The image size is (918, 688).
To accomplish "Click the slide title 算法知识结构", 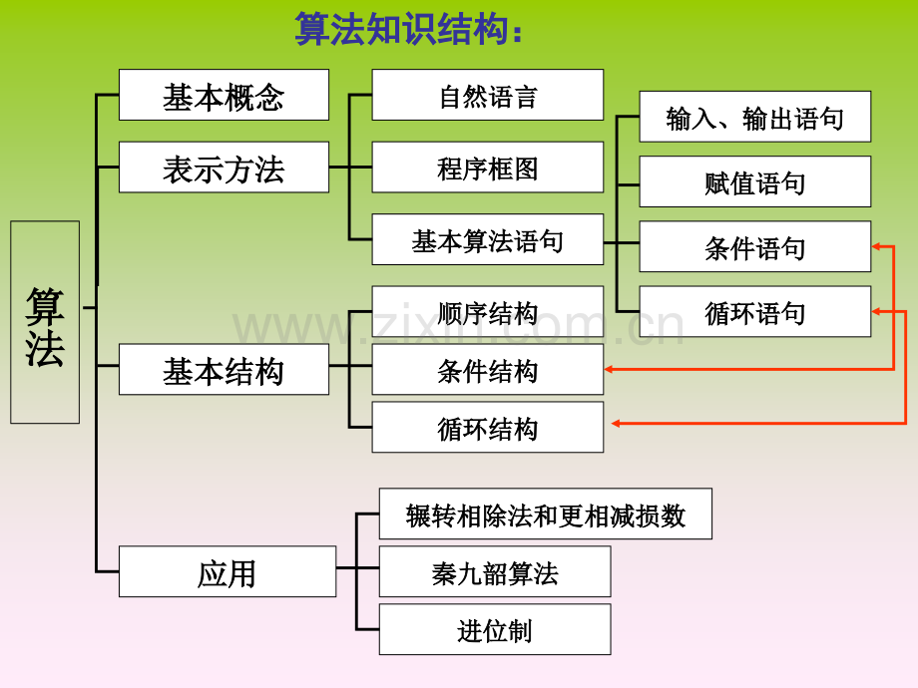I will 409,30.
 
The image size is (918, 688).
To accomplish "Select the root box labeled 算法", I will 45,322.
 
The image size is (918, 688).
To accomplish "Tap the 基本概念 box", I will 224,95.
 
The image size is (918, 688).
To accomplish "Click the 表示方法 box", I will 224,168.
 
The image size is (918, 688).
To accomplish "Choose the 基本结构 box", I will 224,370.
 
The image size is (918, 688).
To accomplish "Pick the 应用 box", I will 227,572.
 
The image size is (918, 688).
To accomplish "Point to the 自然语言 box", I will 487,95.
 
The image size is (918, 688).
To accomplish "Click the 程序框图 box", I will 487,168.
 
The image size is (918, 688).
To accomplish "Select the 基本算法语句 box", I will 487,239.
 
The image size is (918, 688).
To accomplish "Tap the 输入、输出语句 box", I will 754,117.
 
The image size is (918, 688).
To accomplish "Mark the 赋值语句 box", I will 754,181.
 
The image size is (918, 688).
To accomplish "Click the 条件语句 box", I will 754,246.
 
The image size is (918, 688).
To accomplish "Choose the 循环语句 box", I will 754,311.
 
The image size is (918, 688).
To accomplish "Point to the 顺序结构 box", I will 487,311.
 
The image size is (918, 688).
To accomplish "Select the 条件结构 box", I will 487,370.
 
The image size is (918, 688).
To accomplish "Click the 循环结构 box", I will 487,427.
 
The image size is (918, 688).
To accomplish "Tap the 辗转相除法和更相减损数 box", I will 545,514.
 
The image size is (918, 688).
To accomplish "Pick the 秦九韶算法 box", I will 494,571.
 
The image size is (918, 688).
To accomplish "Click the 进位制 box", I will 494,629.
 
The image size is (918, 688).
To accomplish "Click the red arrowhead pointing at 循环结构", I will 617,424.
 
